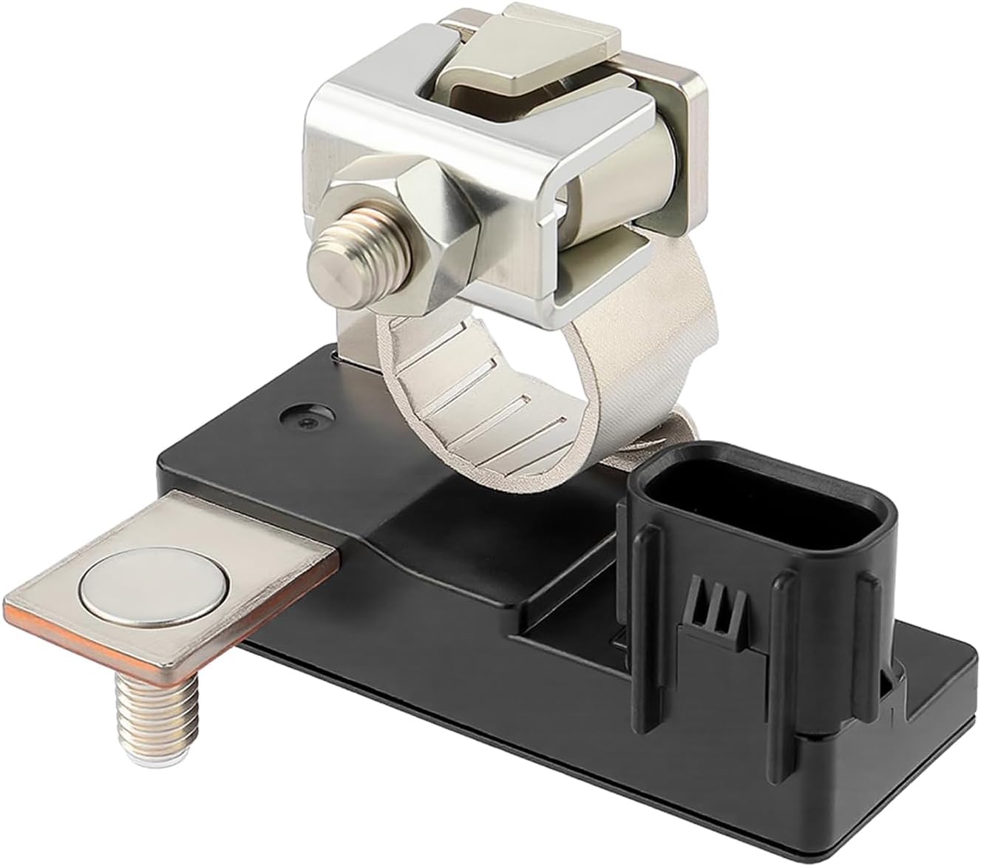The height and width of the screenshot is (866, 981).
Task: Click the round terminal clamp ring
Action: click(x=488, y=414)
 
